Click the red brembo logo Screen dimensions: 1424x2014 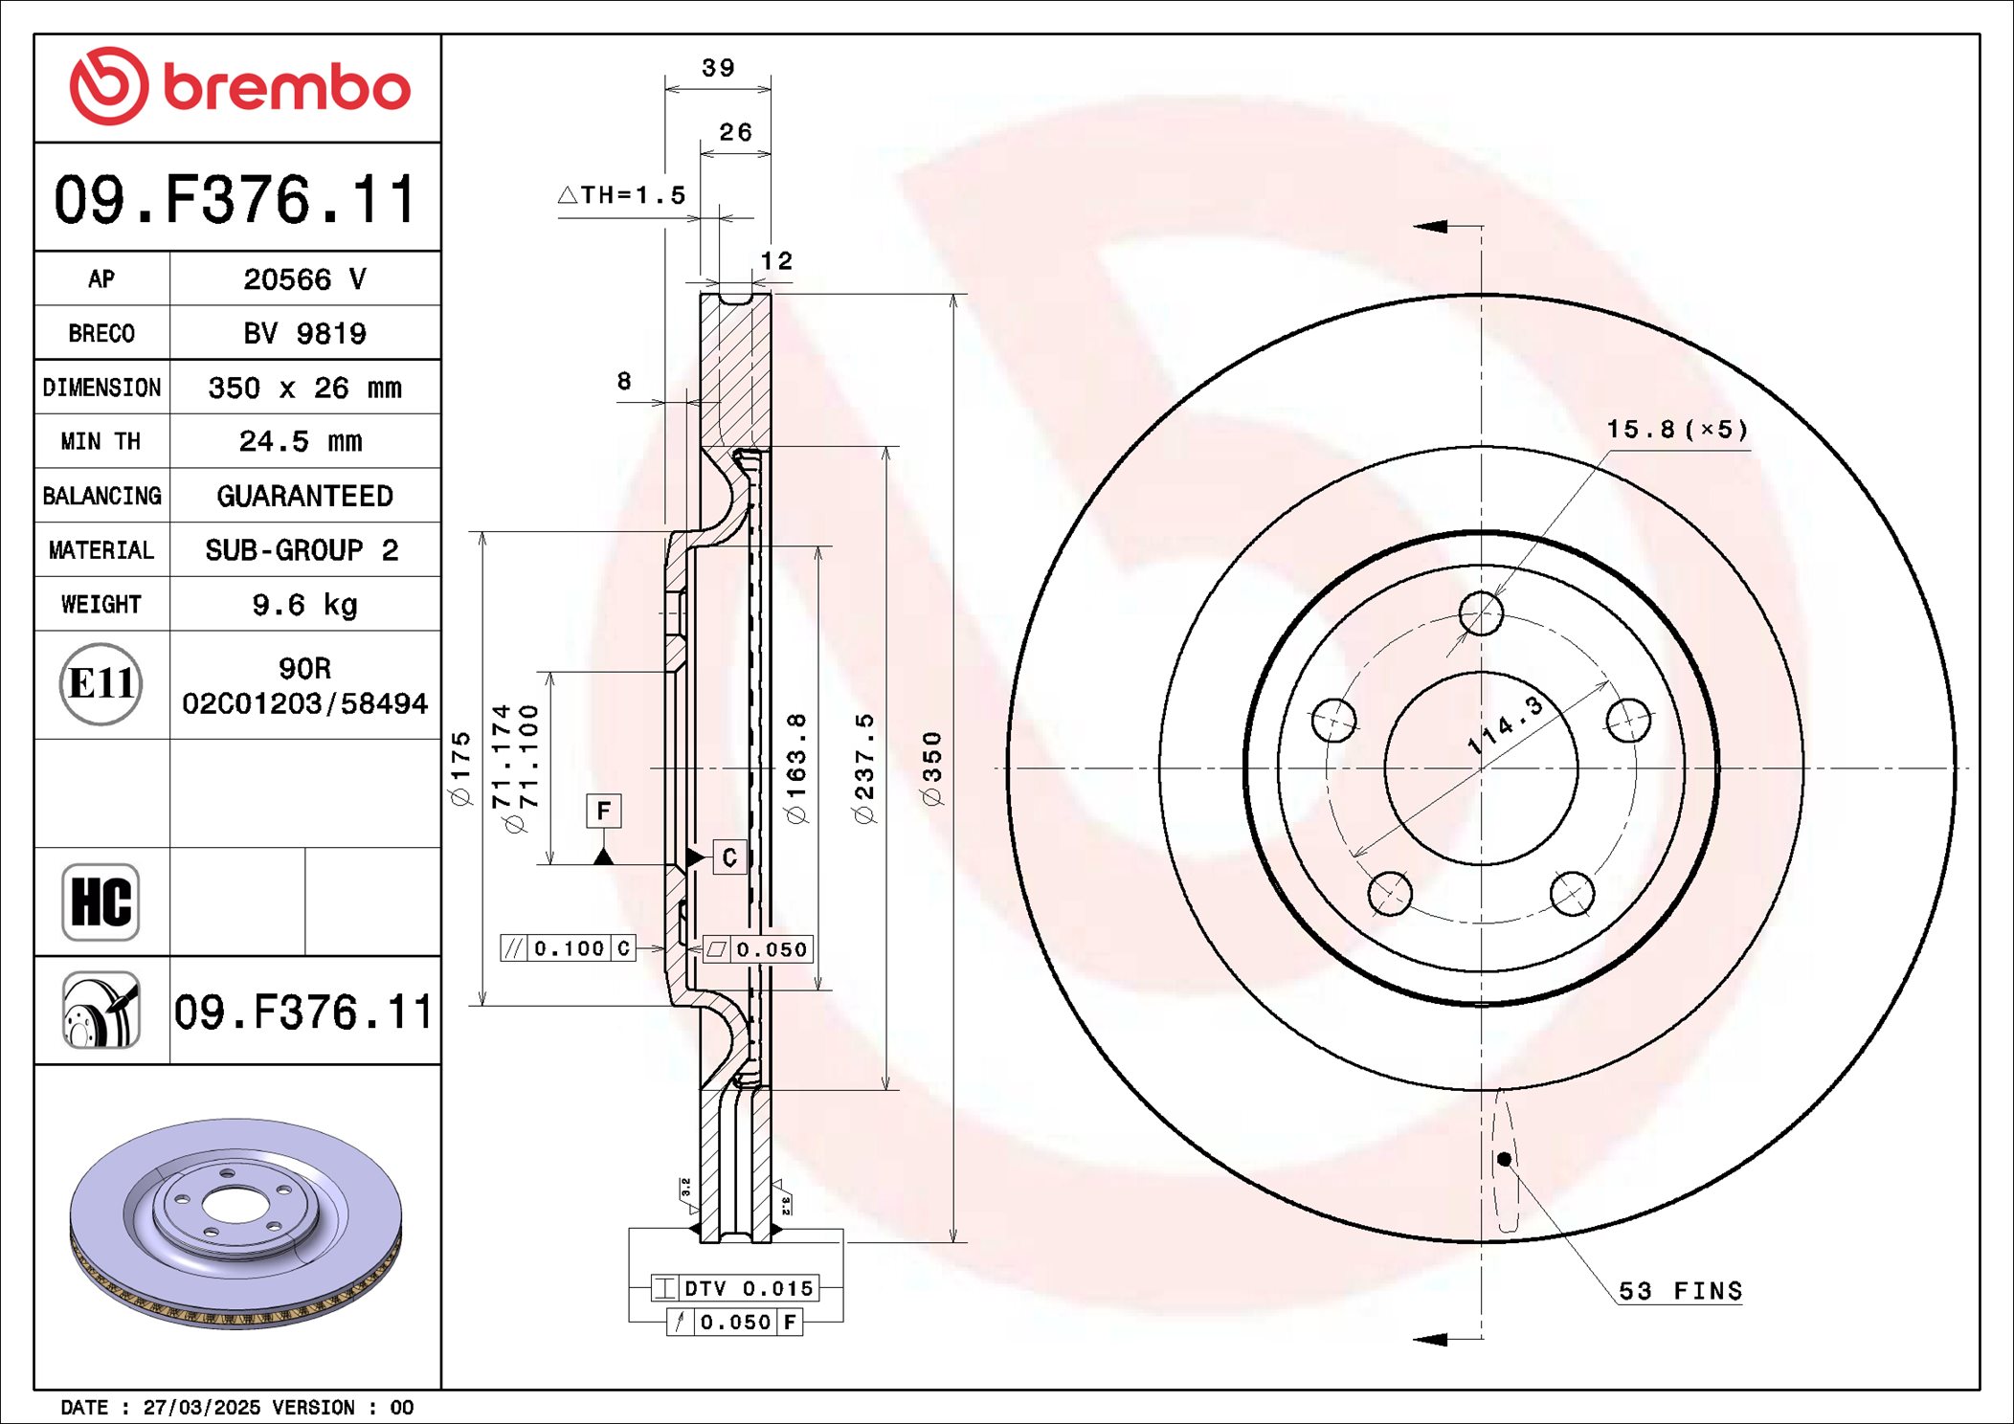[239, 87]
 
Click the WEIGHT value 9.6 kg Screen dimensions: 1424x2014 [304, 605]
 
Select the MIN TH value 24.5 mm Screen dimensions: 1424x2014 [301, 441]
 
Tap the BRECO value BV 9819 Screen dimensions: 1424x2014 [304, 333]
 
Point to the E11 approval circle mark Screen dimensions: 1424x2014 [101, 684]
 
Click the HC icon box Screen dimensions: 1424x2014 [101, 901]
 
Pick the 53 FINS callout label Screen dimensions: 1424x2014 [1680, 1291]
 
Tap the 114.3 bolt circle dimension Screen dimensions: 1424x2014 [1506, 724]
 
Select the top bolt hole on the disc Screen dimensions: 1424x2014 [1481, 612]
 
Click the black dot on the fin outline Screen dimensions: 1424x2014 [1504, 1159]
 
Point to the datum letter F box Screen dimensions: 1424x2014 [603, 811]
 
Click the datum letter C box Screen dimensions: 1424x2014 [729, 857]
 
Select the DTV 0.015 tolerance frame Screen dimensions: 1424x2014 [735, 1288]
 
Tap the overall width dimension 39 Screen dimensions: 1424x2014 [718, 68]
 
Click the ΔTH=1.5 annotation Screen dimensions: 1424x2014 [622, 195]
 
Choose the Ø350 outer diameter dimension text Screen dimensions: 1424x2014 [932, 768]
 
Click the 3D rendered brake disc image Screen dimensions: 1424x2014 [235, 1222]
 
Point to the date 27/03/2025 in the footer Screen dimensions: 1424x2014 [201, 1407]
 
